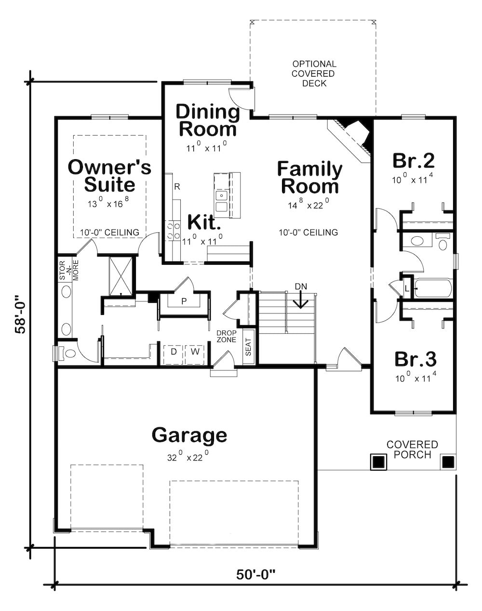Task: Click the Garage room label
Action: (x=189, y=435)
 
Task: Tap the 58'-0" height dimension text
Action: (x=20, y=315)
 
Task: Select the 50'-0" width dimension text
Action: (x=255, y=574)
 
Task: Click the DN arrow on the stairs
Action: (x=301, y=300)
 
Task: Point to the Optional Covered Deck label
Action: (x=314, y=73)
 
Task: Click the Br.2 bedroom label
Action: (x=414, y=160)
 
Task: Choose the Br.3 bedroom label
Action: (x=415, y=359)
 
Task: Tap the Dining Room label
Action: (x=207, y=120)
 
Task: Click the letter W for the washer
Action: (x=195, y=352)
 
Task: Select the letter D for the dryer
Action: (x=174, y=352)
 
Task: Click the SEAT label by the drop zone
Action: (x=249, y=346)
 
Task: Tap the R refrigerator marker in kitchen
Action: (x=177, y=187)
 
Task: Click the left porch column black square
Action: (x=378, y=462)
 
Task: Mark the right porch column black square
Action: (x=448, y=462)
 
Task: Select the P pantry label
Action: (x=184, y=301)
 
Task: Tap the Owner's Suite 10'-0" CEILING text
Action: (x=109, y=232)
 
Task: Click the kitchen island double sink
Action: (x=222, y=201)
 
